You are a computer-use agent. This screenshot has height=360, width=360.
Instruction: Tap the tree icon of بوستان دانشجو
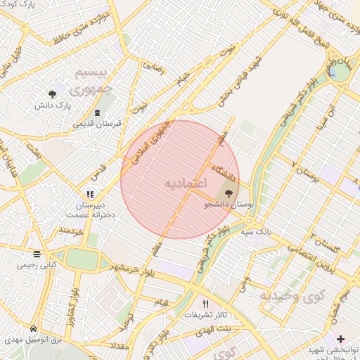(229, 191)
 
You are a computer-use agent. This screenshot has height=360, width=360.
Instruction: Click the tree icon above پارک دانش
(53, 94)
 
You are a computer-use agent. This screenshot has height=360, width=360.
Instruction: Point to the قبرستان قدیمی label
(97, 123)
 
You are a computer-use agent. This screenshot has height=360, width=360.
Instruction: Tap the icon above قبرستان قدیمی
(97, 112)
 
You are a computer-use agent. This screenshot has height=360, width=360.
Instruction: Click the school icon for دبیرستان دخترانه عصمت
(89, 194)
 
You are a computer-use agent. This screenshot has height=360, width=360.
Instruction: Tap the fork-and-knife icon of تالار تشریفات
(205, 304)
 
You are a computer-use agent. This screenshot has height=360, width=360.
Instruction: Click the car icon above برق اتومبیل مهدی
(34, 328)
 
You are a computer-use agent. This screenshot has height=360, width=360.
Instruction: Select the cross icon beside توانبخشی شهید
(341, 339)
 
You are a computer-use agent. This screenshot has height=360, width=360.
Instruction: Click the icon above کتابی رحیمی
(37, 255)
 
